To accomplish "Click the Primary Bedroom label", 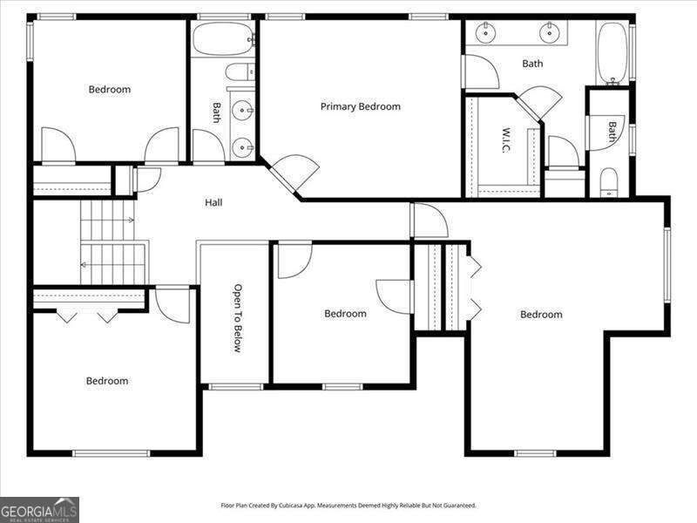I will (x=360, y=106).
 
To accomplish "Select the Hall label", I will (x=213, y=202).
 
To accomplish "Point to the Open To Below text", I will (x=236, y=317).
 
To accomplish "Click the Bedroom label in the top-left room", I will (x=110, y=89).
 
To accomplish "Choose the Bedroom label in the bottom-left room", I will (x=107, y=380).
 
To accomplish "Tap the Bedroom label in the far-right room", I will (x=541, y=314).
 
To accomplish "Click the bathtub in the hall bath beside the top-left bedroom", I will (x=223, y=39).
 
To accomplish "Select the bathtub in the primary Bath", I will (x=611, y=52).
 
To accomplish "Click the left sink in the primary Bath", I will (x=484, y=34).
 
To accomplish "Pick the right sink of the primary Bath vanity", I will (x=549, y=34).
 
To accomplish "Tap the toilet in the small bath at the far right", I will (x=609, y=181).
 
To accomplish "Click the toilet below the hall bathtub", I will (x=239, y=72).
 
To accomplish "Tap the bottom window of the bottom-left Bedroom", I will (x=111, y=452).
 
